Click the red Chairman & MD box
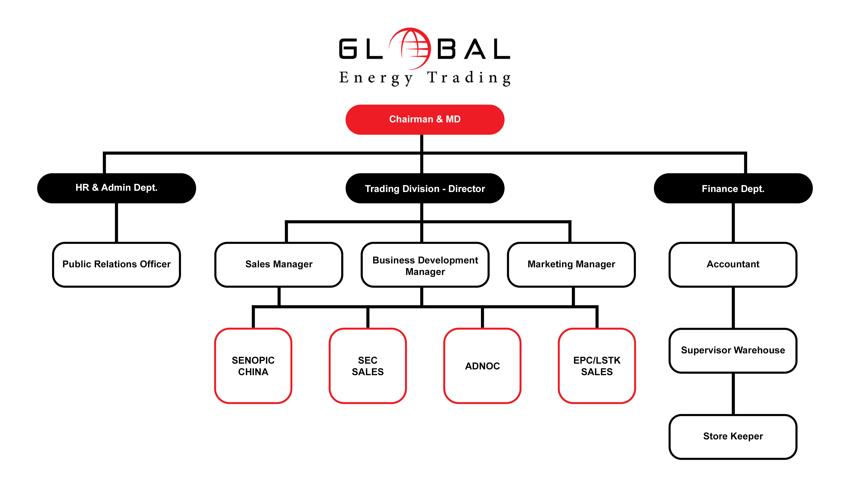pyautogui.click(x=425, y=120)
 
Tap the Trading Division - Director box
pyautogui.click(x=425, y=188)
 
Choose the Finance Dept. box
pyautogui.click(x=733, y=188)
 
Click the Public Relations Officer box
pyautogui.click(x=116, y=264)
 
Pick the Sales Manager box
pyautogui.click(x=279, y=264)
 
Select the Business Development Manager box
pyautogui.click(x=425, y=264)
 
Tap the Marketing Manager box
pyautogui.click(x=571, y=264)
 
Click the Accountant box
pyautogui.click(x=733, y=264)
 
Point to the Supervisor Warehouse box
pyautogui.click(x=733, y=351)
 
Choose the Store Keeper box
pyautogui.click(x=733, y=437)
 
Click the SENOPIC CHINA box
pyautogui.click(x=253, y=366)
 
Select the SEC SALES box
pyautogui.click(x=367, y=366)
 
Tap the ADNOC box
pyautogui.click(x=482, y=366)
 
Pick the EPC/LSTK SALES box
pyautogui.click(x=596, y=366)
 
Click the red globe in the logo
pyautogui.click(x=410, y=49)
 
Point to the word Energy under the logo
pyautogui.click(x=376, y=78)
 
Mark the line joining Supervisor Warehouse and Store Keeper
pyautogui.click(x=733, y=394)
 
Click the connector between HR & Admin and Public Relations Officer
pyautogui.click(x=116, y=223)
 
